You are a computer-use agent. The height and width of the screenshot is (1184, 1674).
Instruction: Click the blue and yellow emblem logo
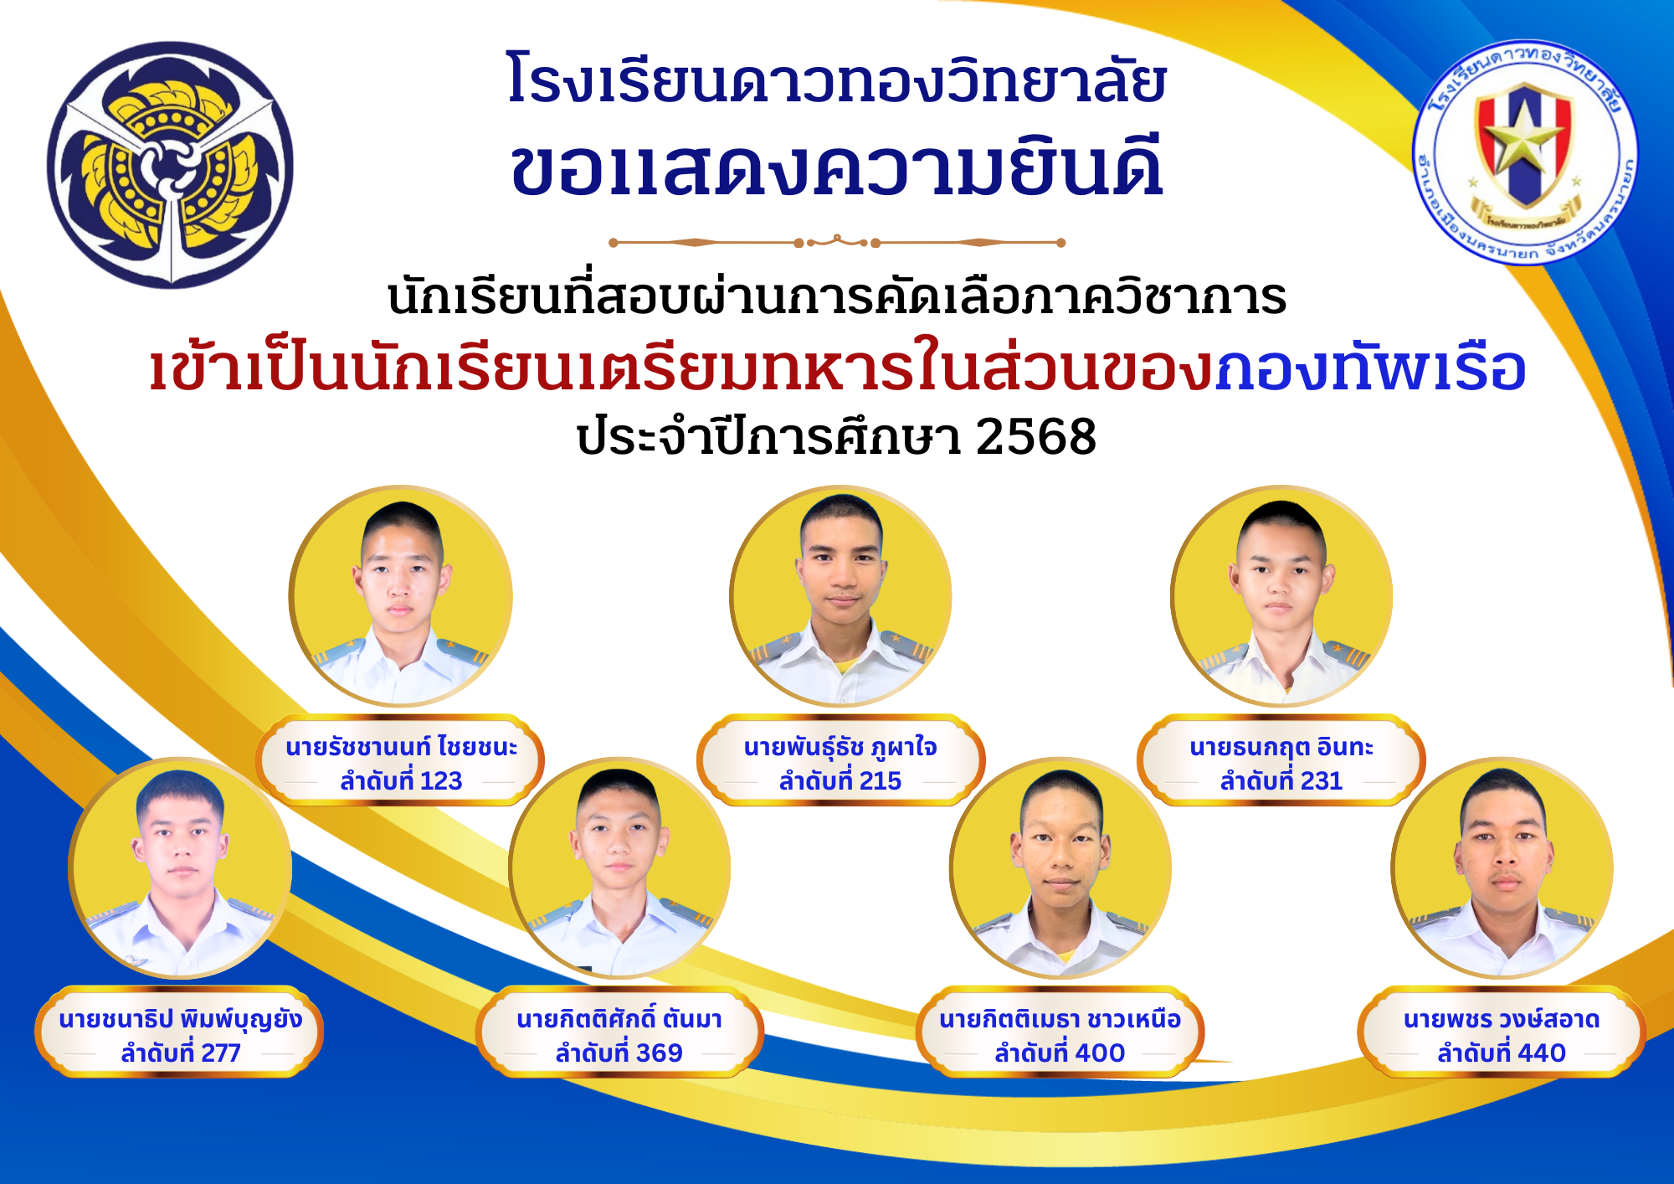click(x=171, y=165)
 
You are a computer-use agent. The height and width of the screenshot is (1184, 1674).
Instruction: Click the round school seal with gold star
click(x=1525, y=152)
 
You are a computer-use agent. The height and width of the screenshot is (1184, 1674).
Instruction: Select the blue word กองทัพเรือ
click(x=1371, y=368)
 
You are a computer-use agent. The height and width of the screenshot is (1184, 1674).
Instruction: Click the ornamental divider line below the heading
click(x=837, y=242)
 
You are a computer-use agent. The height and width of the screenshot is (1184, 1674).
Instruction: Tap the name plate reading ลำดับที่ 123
click(x=400, y=760)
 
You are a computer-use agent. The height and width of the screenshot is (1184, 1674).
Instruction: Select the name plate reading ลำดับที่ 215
click(x=840, y=760)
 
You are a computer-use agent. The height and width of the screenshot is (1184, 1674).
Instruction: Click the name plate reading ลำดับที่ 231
click(x=1281, y=760)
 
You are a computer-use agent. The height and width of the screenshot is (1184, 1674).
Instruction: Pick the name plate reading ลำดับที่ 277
click(x=180, y=1032)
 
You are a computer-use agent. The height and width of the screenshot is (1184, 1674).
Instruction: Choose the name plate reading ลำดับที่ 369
click(x=619, y=1032)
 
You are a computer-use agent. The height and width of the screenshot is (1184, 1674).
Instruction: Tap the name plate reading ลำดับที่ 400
click(x=1060, y=1032)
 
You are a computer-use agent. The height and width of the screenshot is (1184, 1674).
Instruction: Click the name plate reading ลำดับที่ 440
click(x=1502, y=1032)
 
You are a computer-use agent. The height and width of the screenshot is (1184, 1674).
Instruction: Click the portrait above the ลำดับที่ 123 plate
click(x=401, y=596)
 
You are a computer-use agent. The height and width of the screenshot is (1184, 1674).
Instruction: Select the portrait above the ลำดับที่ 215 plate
click(x=841, y=596)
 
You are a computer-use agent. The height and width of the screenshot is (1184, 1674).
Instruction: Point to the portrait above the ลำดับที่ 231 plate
click(x=1281, y=596)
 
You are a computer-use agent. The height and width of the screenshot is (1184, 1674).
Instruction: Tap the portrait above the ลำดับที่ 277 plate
click(x=180, y=868)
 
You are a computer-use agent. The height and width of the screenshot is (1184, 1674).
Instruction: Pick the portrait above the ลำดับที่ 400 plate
click(x=1060, y=868)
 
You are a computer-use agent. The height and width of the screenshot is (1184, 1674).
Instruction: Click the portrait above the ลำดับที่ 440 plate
click(x=1502, y=868)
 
